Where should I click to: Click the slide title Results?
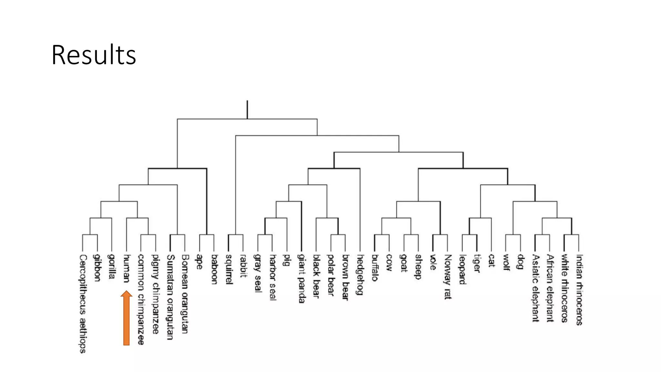(x=94, y=55)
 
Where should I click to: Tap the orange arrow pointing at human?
(x=127, y=318)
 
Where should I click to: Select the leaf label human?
(x=127, y=268)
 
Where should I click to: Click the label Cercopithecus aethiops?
(x=83, y=304)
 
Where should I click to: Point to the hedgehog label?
(x=360, y=274)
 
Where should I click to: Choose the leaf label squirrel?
(x=229, y=269)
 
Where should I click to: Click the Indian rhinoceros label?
(x=579, y=290)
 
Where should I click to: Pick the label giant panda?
(x=301, y=278)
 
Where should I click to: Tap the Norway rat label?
(x=448, y=277)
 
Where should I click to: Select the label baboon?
(x=214, y=269)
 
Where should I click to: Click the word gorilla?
(x=112, y=266)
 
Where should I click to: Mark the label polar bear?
(x=330, y=274)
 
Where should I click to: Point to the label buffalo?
(x=375, y=268)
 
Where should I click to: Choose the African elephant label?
(x=550, y=288)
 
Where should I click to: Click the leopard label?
(x=463, y=270)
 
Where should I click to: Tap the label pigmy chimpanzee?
(x=156, y=294)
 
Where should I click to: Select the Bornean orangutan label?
(x=185, y=294)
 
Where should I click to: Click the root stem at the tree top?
(x=247, y=109)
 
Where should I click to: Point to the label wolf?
(x=506, y=262)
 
